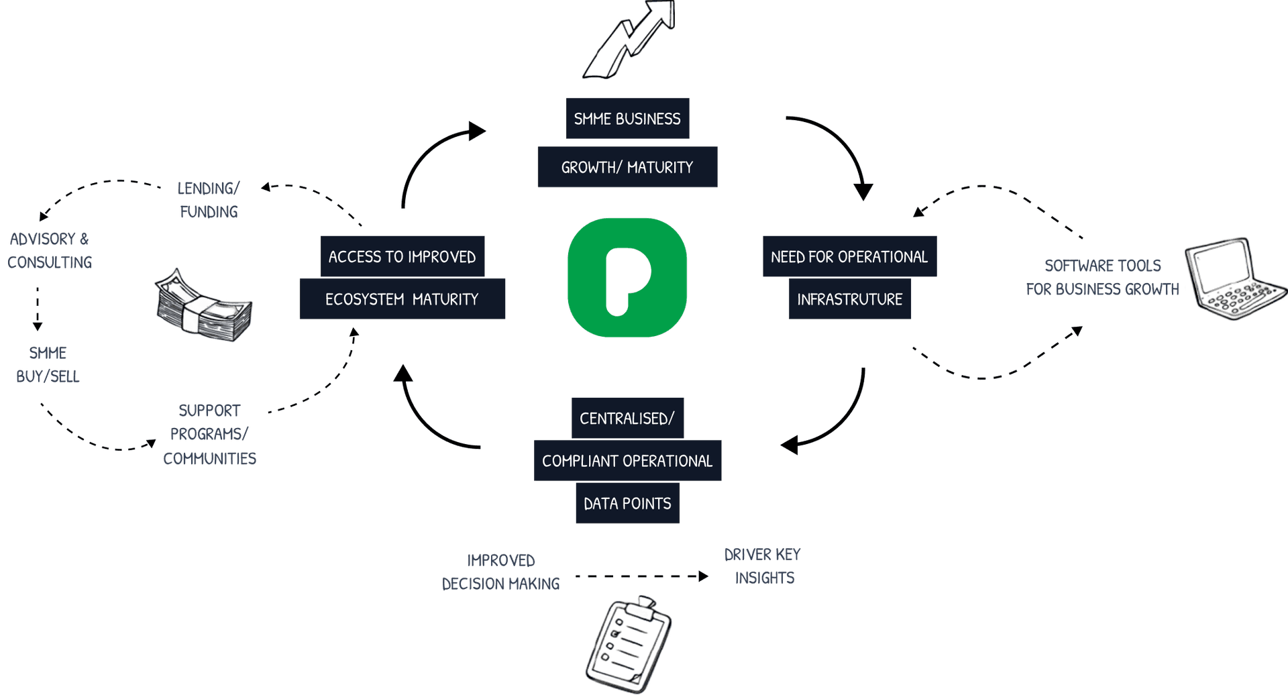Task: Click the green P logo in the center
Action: pos(627,277)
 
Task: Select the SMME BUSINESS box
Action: pos(627,119)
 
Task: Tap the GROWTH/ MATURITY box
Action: pos(627,167)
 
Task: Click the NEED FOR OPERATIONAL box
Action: pos(849,256)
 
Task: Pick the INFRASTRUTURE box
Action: pos(849,299)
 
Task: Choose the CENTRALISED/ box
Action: pos(627,419)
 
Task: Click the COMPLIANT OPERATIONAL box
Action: pos(627,461)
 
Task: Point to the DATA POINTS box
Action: pos(627,504)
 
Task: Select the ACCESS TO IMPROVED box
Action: pos(402,256)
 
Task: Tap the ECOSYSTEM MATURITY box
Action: pos(402,299)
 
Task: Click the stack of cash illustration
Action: pos(203,307)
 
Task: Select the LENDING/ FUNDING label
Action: pos(208,200)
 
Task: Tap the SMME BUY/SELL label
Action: pos(48,364)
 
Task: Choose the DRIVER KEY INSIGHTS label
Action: pos(763,566)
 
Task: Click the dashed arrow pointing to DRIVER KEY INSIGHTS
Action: pos(641,576)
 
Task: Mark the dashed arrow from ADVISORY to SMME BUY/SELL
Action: pos(38,309)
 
